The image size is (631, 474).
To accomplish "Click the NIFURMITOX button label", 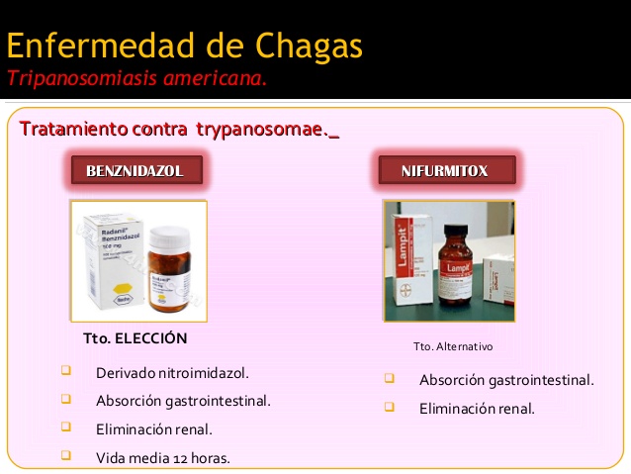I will click(x=445, y=171).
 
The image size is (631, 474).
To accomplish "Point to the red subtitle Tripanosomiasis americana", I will click(x=137, y=78).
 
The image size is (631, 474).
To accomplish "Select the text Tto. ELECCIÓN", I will click(x=135, y=338).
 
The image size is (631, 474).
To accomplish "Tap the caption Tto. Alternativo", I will click(x=453, y=346).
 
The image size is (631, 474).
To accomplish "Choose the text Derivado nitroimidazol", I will click(x=172, y=373).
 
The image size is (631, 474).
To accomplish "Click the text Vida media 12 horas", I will click(x=162, y=457).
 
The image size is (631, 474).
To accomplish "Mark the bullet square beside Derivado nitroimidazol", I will click(x=66, y=371).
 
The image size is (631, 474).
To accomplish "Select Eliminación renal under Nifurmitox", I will click(x=477, y=408).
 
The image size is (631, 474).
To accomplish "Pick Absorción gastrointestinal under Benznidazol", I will click(x=183, y=401).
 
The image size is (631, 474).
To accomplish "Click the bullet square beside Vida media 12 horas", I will click(x=66, y=455).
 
